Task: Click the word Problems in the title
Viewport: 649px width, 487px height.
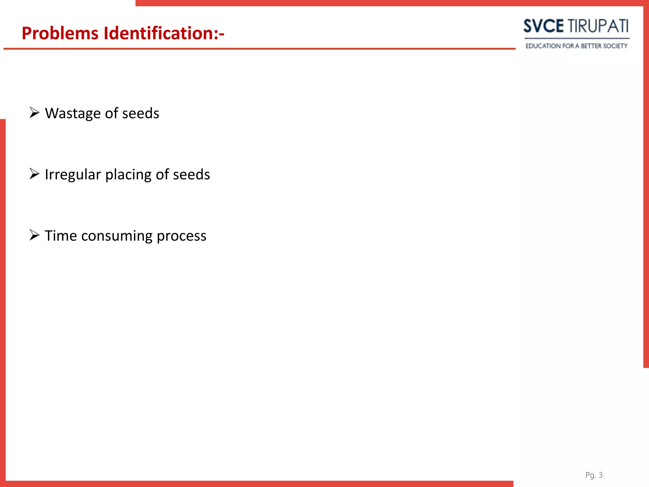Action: [x=60, y=33]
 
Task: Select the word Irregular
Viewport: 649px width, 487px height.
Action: [x=73, y=175]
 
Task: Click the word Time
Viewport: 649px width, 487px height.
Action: [x=61, y=236]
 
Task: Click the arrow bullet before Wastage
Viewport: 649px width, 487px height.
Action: [x=34, y=113]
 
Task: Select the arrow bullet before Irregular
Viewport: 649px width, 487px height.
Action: [x=34, y=174]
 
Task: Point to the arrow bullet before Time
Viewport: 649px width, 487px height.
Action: [x=34, y=235]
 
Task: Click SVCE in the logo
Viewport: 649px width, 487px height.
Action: [x=543, y=26]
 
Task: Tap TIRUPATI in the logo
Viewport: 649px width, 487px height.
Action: [x=598, y=26]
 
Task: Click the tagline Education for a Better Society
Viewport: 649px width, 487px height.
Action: [x=576, y=46]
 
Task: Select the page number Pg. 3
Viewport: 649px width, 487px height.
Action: [x=594, y=475]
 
